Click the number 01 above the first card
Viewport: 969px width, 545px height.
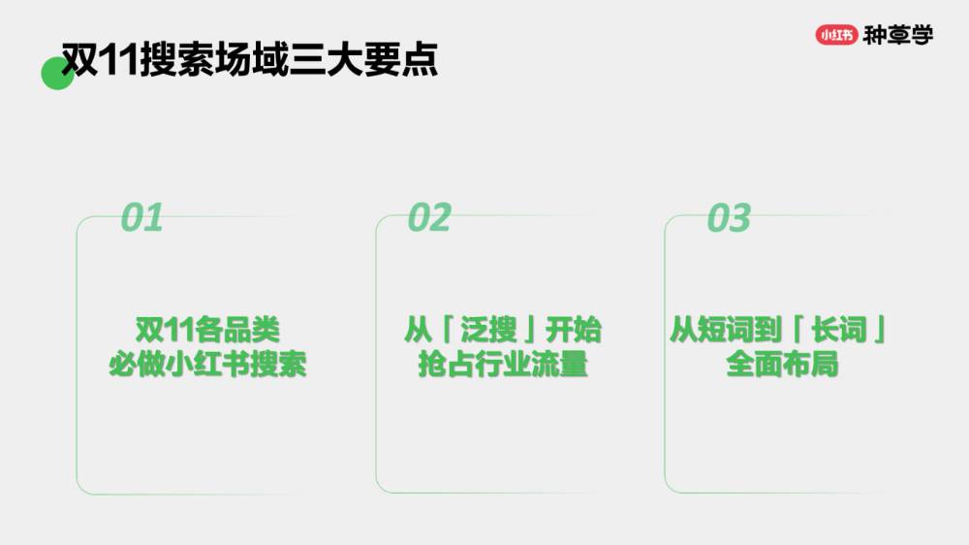[x=141, y=218]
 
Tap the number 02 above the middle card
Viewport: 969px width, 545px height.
[x=429, y=218]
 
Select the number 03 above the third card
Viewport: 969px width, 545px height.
[x=729, y=218]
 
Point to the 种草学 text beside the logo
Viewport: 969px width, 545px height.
[x=898, y=35]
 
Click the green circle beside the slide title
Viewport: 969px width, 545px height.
[x=56, y=74]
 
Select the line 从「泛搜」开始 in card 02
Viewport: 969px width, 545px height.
[x=503, y=330]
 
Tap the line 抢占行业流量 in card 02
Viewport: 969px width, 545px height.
[x=503, y=366]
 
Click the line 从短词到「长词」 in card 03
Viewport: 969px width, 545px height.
[x=780, y=330]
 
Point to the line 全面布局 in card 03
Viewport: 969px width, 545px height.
[x=781, y=366]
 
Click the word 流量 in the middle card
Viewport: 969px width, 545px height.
[x=567, y=366]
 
